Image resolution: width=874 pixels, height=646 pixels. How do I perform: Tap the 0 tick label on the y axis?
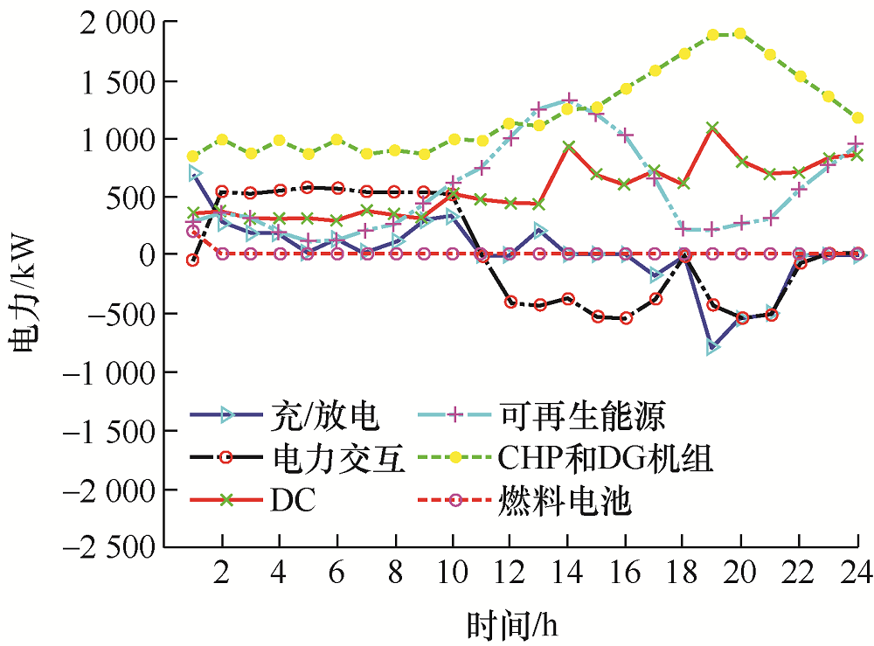pyautogui.click(x=142, y=254)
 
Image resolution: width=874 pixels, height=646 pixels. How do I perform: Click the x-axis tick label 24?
pyautogui.click(x=856, y=573)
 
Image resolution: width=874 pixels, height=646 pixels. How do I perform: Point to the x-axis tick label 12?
pyautogui.click(x=510, y=573)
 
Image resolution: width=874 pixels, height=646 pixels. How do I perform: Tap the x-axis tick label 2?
pyautogui.click(x=222, y=573)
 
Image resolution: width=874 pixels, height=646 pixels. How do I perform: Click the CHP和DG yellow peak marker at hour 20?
pyautogui.click(x=740, y=33)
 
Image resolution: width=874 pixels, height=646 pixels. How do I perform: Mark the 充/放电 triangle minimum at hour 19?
pyautogui.click(x=712, y=347)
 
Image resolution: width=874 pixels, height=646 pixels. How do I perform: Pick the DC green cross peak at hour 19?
pyautogui.click(x=712, y=128)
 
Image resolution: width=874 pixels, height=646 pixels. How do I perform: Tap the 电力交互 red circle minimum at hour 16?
pyautogui.click(x=626, y=318)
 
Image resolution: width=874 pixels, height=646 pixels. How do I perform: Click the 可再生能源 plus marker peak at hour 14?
pyautogui.click(x=568, y=101)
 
